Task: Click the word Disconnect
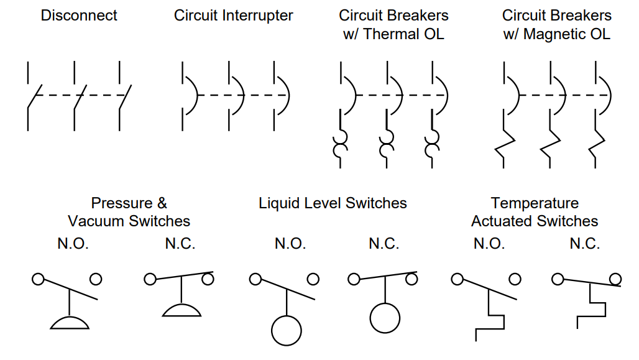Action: tap(79, 16)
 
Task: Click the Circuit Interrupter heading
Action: tap(233, 16)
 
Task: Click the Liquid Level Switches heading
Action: tap(333, 203)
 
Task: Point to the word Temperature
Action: tap(535, 203)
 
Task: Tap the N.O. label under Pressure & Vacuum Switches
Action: tap(73, 244)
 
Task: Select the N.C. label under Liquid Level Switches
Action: tap(384, 244)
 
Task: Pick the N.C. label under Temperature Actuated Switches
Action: tap(584, 244)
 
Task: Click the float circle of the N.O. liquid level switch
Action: tap(287, 330)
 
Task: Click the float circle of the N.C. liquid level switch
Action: tap(385, 318)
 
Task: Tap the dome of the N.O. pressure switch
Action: tap(70, 322)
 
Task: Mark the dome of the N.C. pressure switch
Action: tap(181, 310)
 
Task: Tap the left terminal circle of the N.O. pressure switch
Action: tap(38, 279)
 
